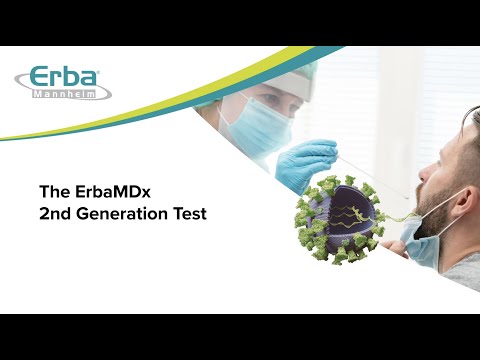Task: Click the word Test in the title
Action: click(189, 214)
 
